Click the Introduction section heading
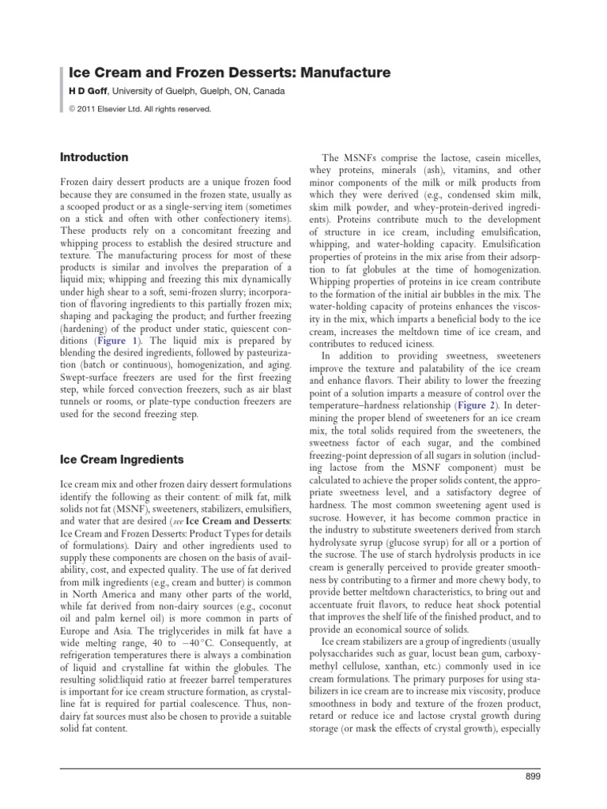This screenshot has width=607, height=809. (94, 157)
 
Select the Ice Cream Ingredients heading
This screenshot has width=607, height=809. (122, 459)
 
